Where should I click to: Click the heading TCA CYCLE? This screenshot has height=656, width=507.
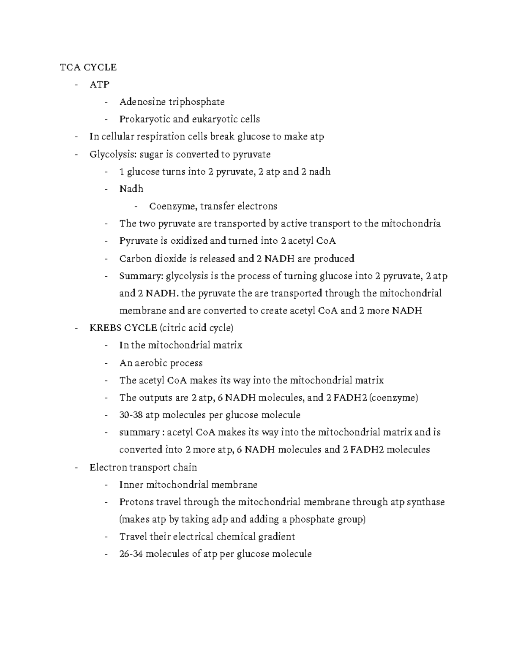(x=88, y=67)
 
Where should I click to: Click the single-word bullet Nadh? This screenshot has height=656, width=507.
(x=131, y=189)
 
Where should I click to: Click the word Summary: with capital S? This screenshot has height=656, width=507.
(x=141, y=276)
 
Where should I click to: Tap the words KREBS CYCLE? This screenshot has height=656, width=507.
(x=123, y=328)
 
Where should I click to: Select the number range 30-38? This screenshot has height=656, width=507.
(x=131, y=415)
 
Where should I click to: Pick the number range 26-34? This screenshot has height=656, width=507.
(x=131, y=554)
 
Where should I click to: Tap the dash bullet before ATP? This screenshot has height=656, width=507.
(x=76, y=84)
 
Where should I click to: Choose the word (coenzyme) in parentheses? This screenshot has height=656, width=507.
(x=393, y=397)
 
